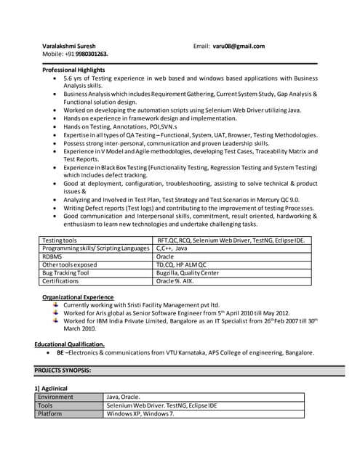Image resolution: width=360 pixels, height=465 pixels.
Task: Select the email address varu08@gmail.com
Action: [239, 46]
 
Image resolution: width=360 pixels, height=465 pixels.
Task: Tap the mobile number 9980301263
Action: [92, 54]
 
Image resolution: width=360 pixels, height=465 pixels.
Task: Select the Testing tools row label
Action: [60, 240]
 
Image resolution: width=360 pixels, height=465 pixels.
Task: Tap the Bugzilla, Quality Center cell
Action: [188, 272]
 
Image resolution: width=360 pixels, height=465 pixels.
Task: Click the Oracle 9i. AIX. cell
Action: [177, 280]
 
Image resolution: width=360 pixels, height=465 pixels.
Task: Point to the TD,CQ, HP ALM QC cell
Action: [182, 264]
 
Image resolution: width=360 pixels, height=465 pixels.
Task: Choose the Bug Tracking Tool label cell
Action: [65, 272]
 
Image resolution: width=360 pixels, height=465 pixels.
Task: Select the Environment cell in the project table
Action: [56, 397]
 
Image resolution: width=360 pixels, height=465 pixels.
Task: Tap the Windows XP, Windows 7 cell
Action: [140, 413]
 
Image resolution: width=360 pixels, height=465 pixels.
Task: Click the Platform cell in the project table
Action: [50, 413]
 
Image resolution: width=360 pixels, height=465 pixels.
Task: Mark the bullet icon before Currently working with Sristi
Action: [56, 305]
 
